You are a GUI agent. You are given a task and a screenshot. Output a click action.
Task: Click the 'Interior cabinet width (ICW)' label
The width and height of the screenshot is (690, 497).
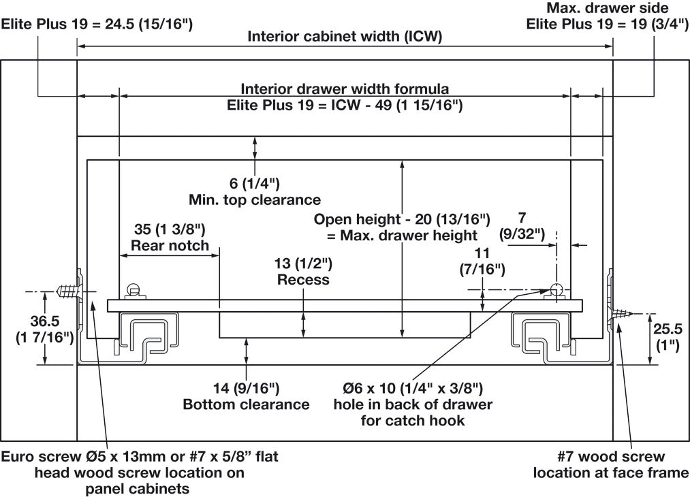(345, 36)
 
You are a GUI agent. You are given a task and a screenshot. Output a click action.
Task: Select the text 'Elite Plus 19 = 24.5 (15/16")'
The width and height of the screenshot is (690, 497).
(97, 24)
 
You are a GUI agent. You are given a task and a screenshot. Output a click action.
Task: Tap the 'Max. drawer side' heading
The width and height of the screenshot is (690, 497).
(608, 7)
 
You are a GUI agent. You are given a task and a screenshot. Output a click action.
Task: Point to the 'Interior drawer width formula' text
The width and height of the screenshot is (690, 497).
(345, 89)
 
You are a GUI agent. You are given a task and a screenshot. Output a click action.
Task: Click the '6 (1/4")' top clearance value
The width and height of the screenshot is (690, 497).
(255, 183)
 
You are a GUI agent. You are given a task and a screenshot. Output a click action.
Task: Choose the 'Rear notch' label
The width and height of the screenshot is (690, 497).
(170, 245)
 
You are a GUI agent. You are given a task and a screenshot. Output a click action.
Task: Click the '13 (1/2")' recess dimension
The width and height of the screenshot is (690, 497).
(303, 263)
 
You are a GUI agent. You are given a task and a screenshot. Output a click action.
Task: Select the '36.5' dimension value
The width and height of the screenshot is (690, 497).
(44, 321)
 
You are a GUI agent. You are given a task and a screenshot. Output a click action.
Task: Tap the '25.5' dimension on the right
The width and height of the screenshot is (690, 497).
(668, 329)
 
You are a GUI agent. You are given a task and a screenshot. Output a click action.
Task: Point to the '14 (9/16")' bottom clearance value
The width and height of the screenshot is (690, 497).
(247, 388)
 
